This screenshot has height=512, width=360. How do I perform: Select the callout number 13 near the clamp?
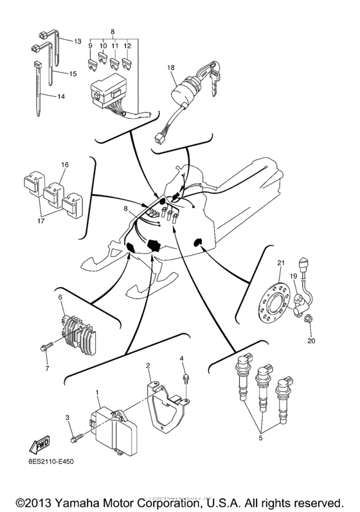coord(77,41)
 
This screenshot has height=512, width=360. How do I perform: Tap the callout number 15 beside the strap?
coord(73,75)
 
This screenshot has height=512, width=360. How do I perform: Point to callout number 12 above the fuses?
coord(127,47)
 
